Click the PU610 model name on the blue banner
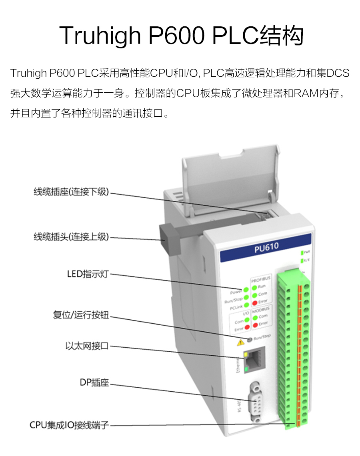coord(266,248)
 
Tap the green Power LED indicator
coord(246,290)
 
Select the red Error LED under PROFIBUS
coord(254,302)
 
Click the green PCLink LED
coord(246,306)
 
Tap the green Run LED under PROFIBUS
coord(254,287)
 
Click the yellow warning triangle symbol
coord(241,342)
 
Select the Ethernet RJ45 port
coord(252,362)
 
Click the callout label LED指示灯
coord(88,274)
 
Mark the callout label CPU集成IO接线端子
coord(69,425)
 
